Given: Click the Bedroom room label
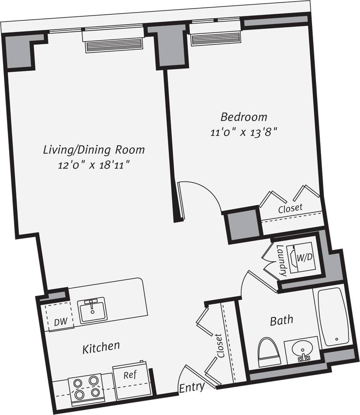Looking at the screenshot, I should pyautogui.click(x=244, y=117).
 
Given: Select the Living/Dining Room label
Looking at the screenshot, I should pyautogui.click(x=93, y=150).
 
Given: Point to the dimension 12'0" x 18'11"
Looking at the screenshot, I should pyautogui.click(x=93, y=165).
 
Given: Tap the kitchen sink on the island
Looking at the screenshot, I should pyautogui.click(x=93, y=309).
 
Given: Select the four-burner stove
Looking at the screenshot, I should pyautogui.click(x=86, y=387).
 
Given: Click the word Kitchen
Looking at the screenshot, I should pyautogui.click(x=101, y=347).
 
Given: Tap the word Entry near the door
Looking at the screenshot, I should pyautogui.click(x=192, y=386).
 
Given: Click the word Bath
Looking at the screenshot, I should pyautogui.click(x=281, y=321).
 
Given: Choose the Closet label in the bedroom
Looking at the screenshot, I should pyautogui.click(x=290, y=208).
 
